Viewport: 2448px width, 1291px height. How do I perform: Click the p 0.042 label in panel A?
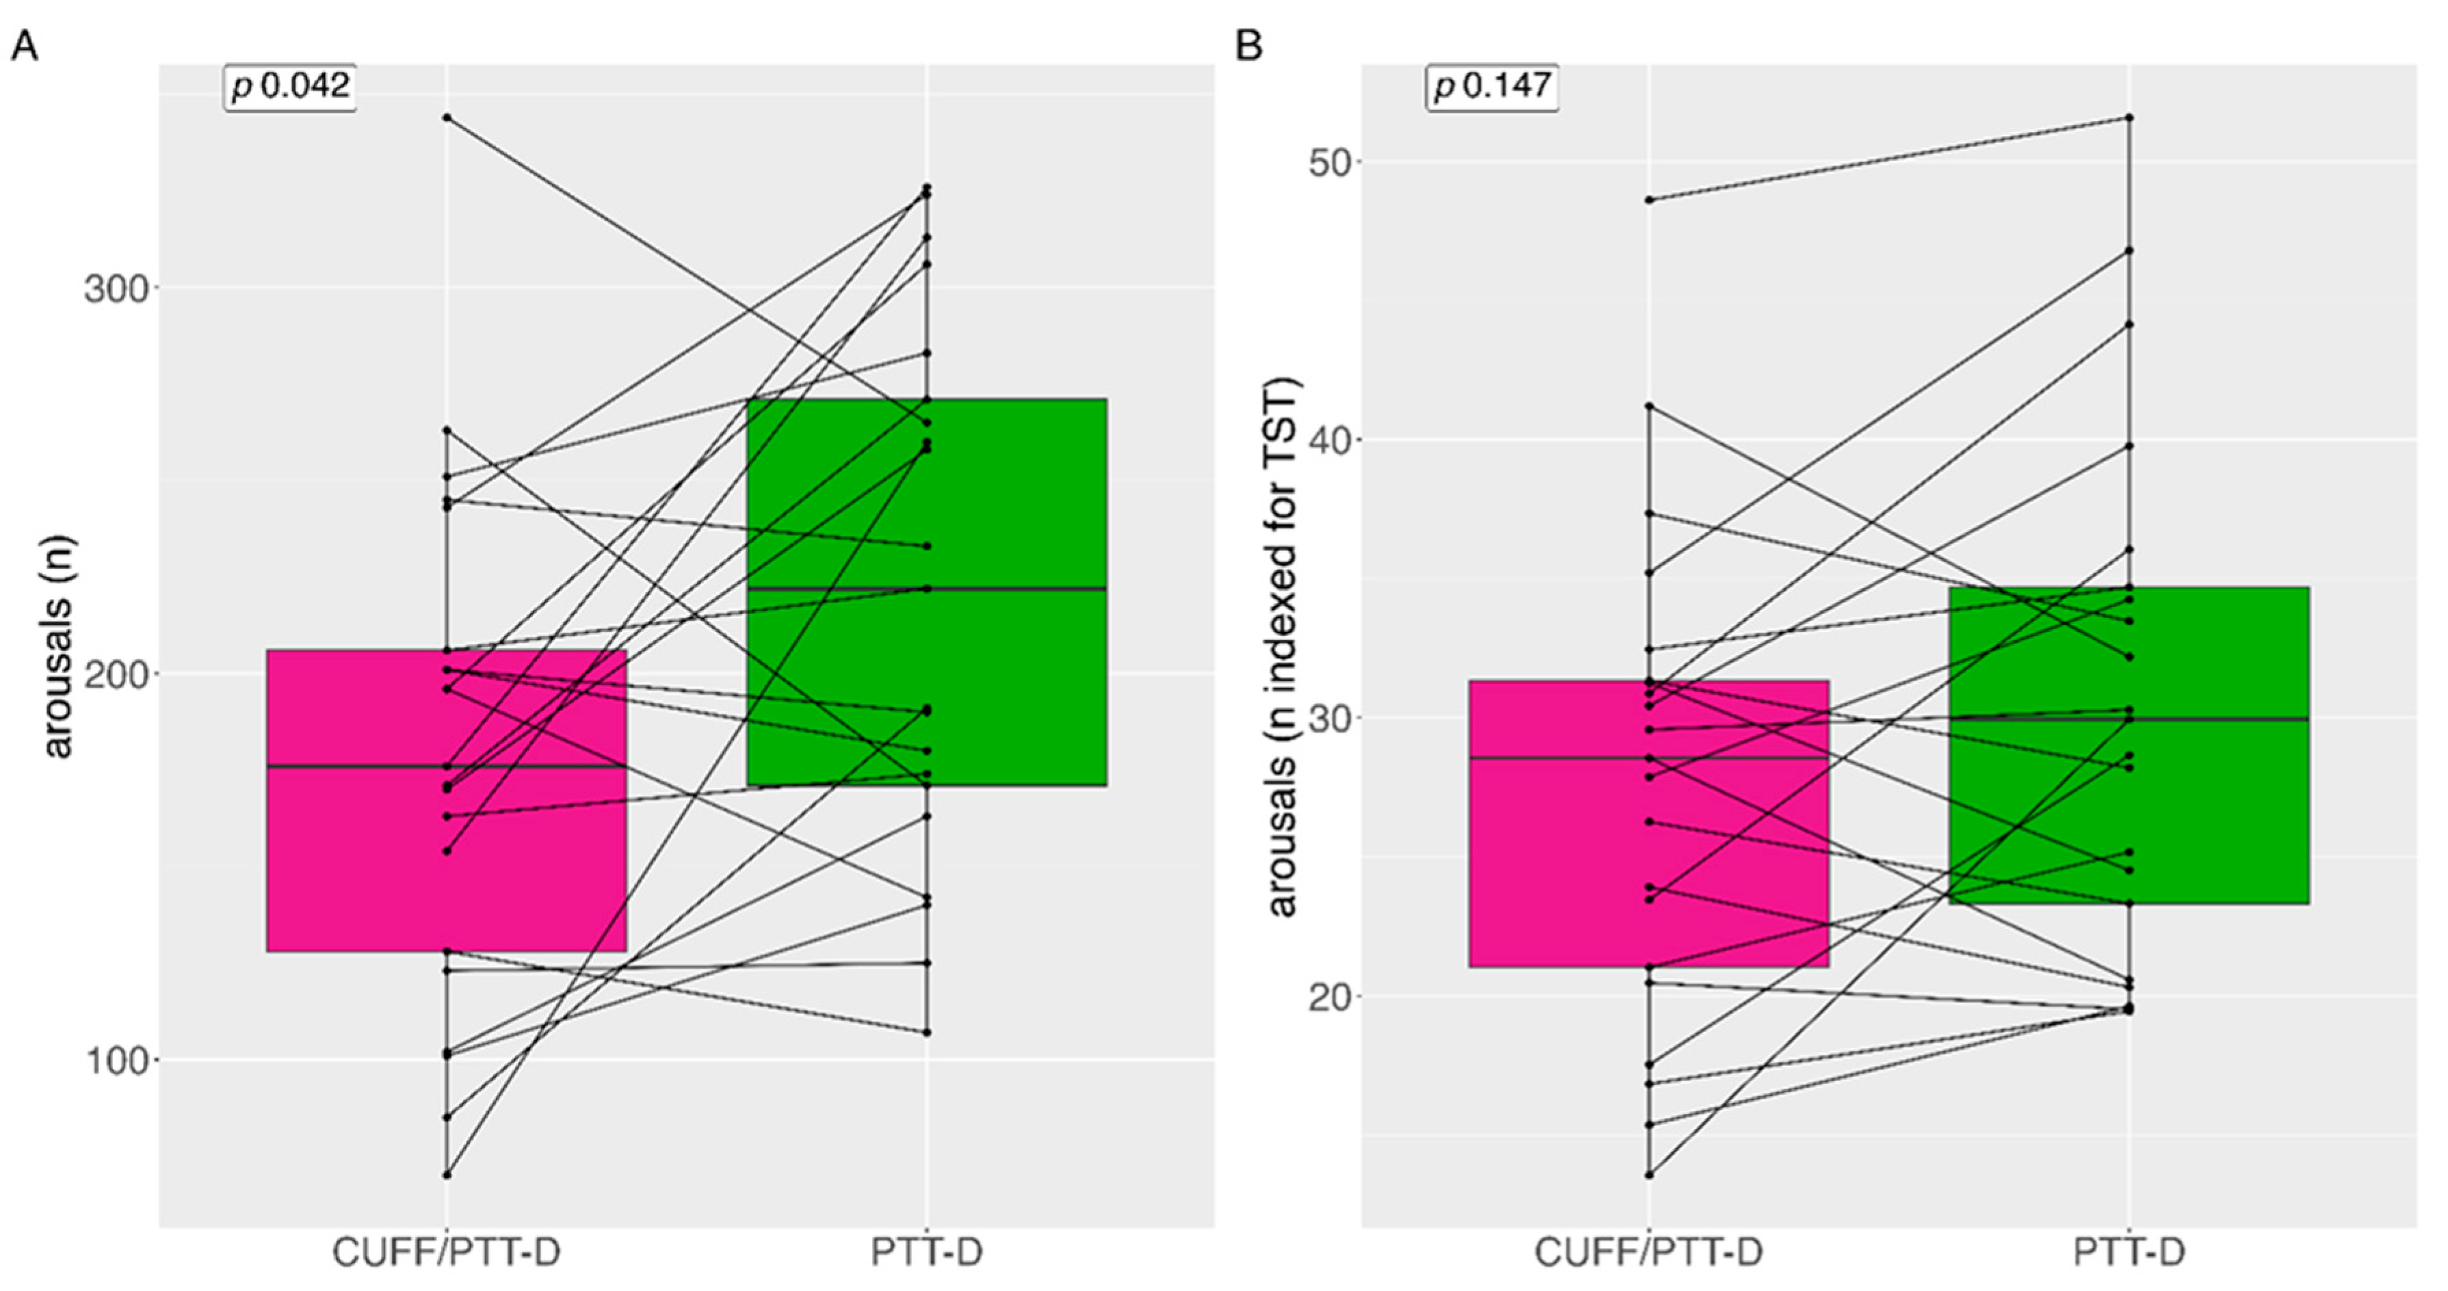coord(290,88)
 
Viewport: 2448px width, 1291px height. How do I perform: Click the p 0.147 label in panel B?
coord(1492,88)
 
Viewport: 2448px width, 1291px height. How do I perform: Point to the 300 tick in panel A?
coord(116,289)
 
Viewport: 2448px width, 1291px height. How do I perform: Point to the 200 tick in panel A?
coord(116,674)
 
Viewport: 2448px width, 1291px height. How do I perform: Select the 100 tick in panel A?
coord(116,1060)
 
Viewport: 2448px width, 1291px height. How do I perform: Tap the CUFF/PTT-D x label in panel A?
coord(446,1252)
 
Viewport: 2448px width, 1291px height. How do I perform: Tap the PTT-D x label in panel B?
coord(2129,1252)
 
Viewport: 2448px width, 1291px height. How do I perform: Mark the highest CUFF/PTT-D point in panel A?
coord(447,118)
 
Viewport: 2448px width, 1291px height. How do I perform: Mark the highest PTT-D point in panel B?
coord(2129,118)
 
